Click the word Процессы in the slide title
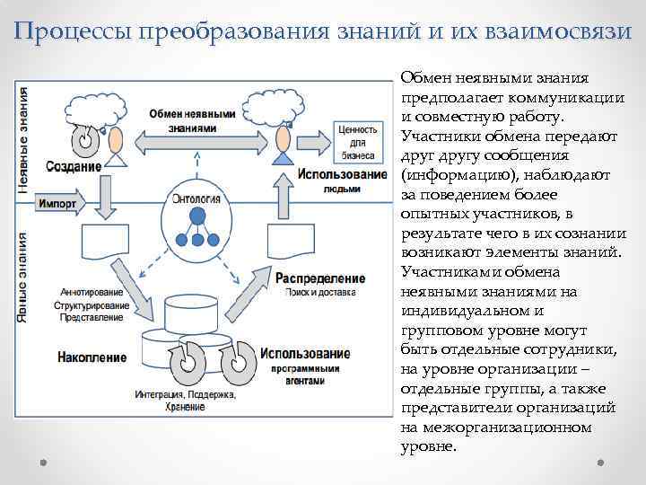tap(71, 31)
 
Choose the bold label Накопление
tap(92, 357)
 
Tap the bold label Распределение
tap(320, 278)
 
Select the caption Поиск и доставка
tap(320, 292)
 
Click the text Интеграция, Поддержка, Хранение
tap(187, 401)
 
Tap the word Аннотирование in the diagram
tap(89, 293)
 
